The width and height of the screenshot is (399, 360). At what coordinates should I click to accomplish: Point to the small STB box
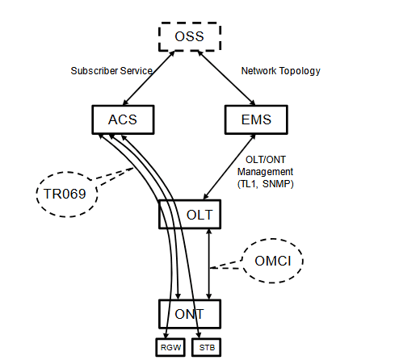click(x=205, y=346)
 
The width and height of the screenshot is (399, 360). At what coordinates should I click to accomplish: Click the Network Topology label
click(x=280, y=71)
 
